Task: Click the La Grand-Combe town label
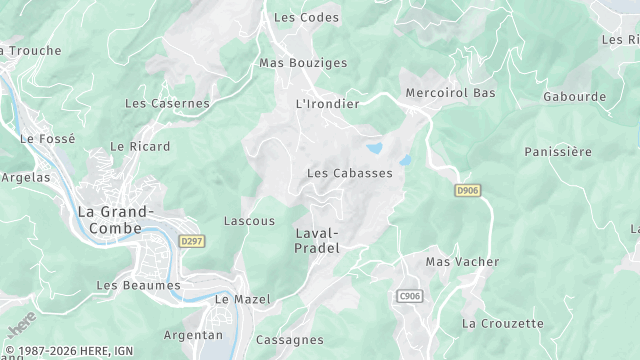115,220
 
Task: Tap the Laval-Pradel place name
318,240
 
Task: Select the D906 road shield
467,190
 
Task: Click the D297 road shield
192,241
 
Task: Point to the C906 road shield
409,296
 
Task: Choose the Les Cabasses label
349,173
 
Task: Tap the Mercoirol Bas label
450,93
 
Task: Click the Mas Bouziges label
303,63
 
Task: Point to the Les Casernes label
167,103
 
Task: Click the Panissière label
558,152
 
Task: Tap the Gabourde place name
575,97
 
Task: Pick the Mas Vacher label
462,262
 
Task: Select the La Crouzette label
503,324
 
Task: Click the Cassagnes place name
289,340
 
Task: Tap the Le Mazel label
237,299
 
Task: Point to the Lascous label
249,221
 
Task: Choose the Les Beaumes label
138,285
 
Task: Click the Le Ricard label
140,146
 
